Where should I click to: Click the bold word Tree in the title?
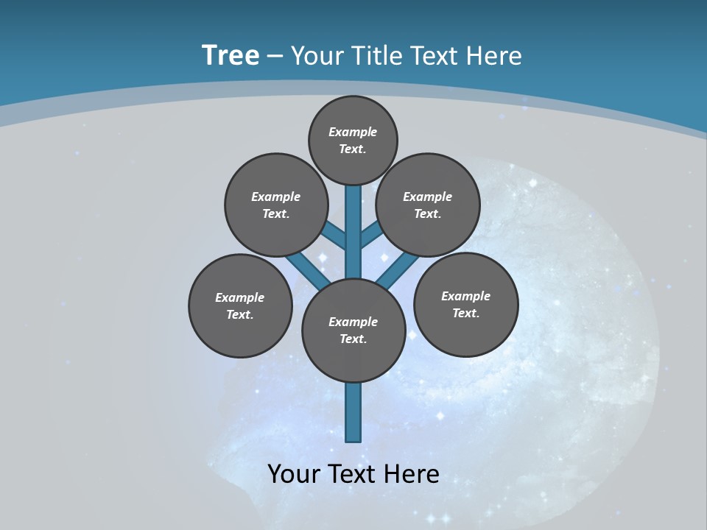pos(231,55)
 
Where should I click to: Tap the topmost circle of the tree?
pos(353,140)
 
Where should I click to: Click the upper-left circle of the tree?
pos(275,205)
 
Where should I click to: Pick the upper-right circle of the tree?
pos(428,205)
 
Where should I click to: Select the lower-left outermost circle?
pos(240,305)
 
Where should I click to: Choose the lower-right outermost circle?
pos(465,304)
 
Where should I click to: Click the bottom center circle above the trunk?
pos(353,331)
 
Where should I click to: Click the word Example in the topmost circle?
pos(353,132)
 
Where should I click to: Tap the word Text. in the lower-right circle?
pos(465,313)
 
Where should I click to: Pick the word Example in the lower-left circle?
pos(239,297)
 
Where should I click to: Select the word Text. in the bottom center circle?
pos(353,339)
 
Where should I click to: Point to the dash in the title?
pos(275,57)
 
